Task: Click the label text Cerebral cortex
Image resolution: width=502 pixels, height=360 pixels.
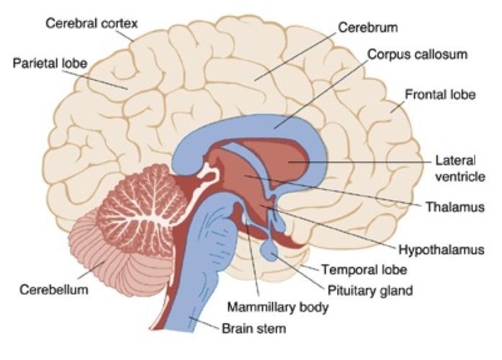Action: [91, 24]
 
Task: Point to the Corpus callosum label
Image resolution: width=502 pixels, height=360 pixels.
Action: [417, 54]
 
